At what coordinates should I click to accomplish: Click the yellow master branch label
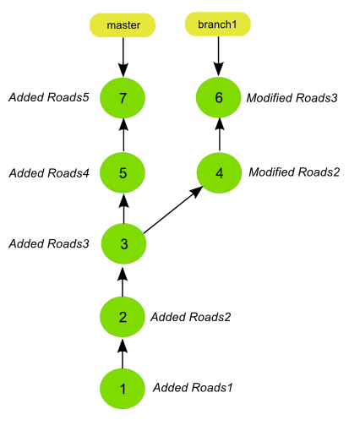click(x=123, y=25)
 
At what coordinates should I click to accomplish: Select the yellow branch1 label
click(x=217, y=25)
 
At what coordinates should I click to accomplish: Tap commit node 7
click(x=123, y=98)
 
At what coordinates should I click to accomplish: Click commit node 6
click(x=219, y=97)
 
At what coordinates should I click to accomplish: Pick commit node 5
click(x=123, y=172)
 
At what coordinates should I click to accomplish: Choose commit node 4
click(x=219, y=173)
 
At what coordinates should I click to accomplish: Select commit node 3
click(x=123, y=243)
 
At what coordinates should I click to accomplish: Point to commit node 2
click(x=123, y=317)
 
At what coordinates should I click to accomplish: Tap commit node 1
click(x=123, y=389)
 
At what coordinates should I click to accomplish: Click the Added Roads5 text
click(x=49, y=97)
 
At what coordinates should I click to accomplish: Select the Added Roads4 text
click(x=49, y=173)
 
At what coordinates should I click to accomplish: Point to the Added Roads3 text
click(x=49, y=243)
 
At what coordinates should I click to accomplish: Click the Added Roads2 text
click(x=191, y=317)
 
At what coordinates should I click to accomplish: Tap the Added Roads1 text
click(x=193, y=388)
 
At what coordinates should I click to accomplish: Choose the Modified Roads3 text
click(x=292, y=98)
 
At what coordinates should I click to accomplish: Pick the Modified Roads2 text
click(x=294, y=172)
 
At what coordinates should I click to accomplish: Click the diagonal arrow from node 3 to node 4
click(x=173, y=210)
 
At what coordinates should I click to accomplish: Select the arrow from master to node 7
click(x=123, y=57)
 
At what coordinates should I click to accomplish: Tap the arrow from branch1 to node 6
click(x=218, y=57)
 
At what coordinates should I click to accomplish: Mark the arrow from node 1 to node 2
click(x=123, y=354)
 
